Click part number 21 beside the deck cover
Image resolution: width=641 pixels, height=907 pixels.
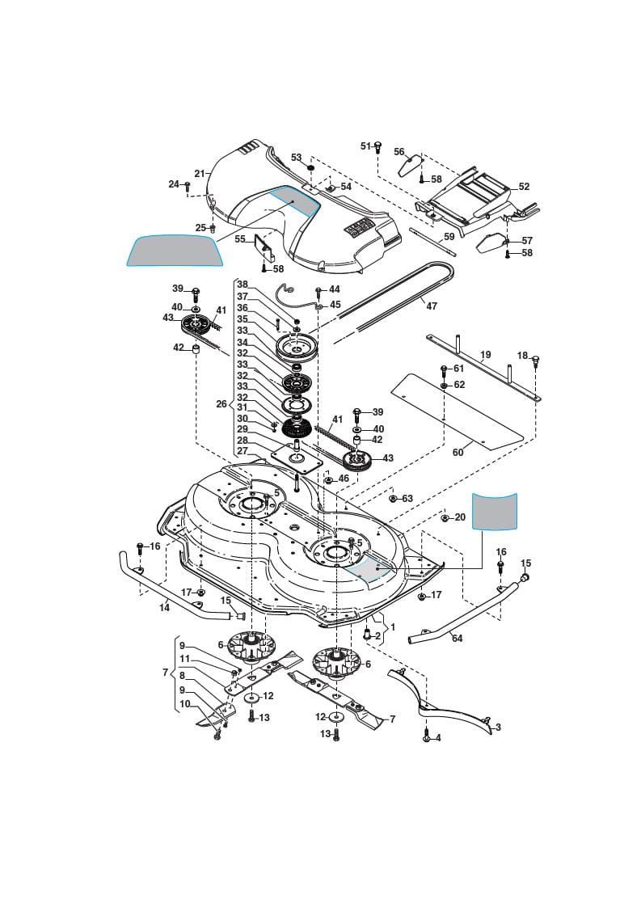199,173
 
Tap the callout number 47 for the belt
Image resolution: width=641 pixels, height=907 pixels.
431,306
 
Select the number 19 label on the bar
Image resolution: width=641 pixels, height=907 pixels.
485,355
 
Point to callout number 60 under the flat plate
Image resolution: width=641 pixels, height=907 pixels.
458,453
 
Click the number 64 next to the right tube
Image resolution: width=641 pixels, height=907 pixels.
457,639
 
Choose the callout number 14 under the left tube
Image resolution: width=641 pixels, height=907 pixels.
164,607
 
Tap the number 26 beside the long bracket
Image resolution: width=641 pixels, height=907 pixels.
221,404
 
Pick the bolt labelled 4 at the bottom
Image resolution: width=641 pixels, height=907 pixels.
427,737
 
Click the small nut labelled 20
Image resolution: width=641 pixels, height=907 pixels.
445,517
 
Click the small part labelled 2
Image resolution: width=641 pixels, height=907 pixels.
368,635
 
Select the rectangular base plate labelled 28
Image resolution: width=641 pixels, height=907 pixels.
295,457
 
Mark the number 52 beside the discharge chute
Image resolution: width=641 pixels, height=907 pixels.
524,187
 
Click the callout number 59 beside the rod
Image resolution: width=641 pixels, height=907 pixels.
449,238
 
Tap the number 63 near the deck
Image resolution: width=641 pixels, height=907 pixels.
407,499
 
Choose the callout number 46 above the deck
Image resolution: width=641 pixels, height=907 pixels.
344,479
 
